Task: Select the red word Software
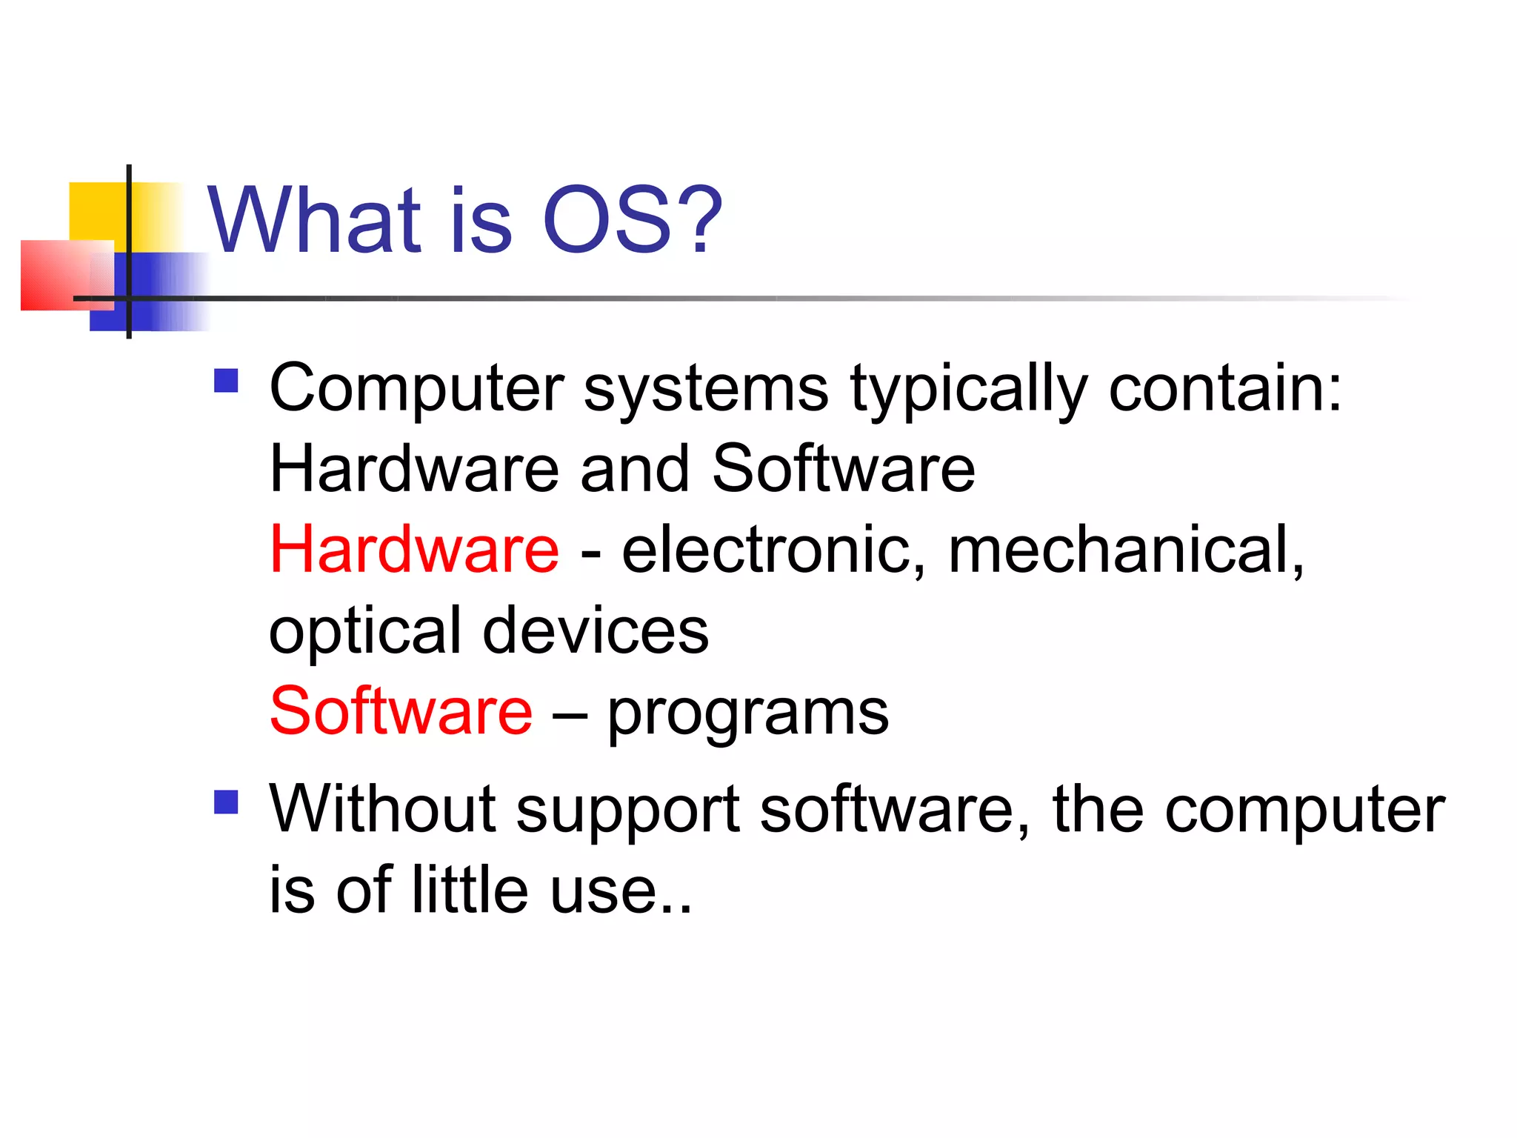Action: tap(401, 711)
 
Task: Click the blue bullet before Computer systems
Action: tap(226, 381)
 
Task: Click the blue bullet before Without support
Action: tap(226, 802)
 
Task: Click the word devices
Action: tap(596, 631)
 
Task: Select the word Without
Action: tap(382, 809)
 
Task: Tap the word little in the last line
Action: tap(470, 889)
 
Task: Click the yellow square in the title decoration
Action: tap(96, 210)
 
